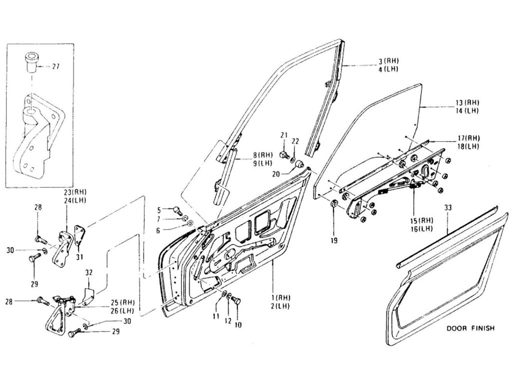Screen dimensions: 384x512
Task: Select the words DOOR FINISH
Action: pos(470,328)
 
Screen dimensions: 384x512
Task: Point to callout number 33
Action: pos(447,206)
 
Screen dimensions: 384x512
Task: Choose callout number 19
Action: pos(334,240)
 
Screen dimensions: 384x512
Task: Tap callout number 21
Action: pos(283,135)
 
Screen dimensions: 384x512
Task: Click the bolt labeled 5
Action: pos(177,211)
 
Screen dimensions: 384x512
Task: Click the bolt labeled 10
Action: pos(236,302)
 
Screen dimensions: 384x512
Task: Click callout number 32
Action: pos(88,273)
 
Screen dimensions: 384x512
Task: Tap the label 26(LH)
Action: pos(123,310)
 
